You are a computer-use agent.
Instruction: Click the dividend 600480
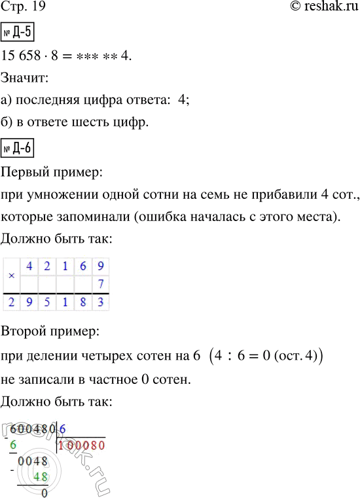[33, 428]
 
